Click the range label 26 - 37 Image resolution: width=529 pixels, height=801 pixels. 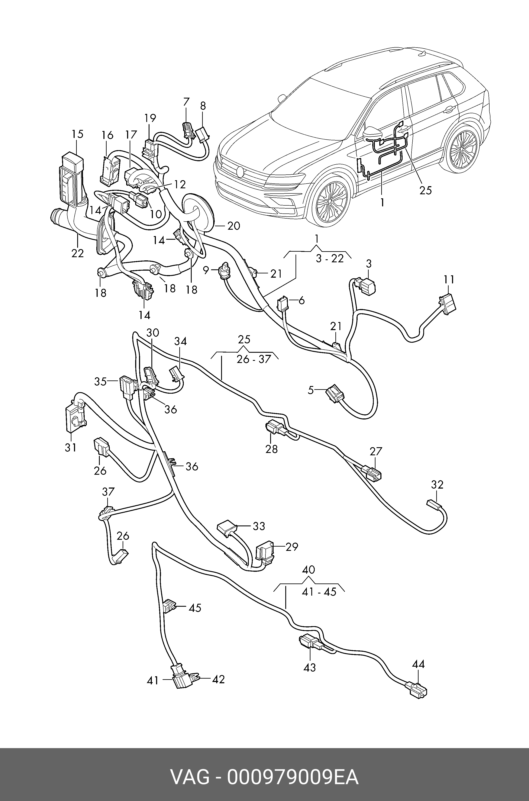tap(254, 359)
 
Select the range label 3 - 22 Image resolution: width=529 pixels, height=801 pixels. tap(330, 258)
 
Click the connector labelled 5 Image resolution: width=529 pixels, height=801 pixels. tap(335, 393)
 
